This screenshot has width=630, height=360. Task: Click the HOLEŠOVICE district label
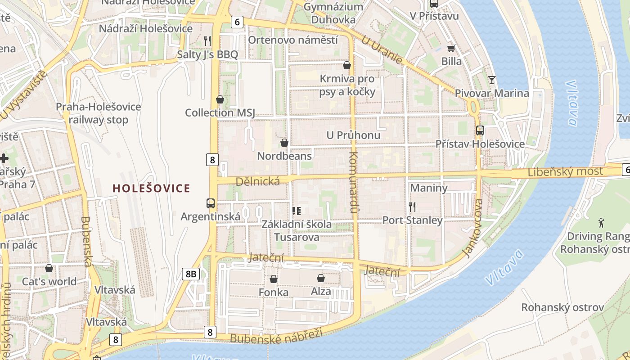[151, 188]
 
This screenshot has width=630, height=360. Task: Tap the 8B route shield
[191, 274]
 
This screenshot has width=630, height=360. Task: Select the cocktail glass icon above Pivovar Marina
[492, 80]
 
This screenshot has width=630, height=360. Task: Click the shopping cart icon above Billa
[451, 48]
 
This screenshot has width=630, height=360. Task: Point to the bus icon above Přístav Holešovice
[480, 130]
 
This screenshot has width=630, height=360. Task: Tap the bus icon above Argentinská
[211, 203]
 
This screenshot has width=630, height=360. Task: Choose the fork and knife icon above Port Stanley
[412, 207]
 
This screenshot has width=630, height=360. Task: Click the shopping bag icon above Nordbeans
[284, 143]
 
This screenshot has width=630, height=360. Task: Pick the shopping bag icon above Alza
[321, 278]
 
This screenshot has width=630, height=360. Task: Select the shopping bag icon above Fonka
[274, 279]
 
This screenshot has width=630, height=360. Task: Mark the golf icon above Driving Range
[601, 222]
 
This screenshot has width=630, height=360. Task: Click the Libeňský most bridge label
[565, 171]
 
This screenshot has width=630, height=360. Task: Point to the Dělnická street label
[258, 181]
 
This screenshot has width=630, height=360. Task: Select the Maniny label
[429, 188]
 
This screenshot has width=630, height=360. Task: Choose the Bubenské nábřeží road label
[276, 336]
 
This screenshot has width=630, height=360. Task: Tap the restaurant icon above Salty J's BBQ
[207, 41]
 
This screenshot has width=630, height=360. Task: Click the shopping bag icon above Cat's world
[49, 268]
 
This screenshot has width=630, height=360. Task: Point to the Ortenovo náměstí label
[293, 40]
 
